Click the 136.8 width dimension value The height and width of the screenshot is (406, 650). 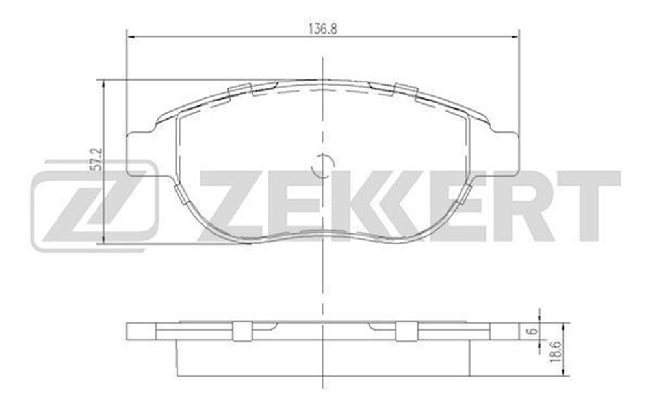click(x=322, y=29)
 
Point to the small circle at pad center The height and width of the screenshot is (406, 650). click(x=322, y=167)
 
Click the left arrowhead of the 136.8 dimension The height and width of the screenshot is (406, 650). click(x=129, y=36)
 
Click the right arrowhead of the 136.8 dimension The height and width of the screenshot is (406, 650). click(x=516, y=36)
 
